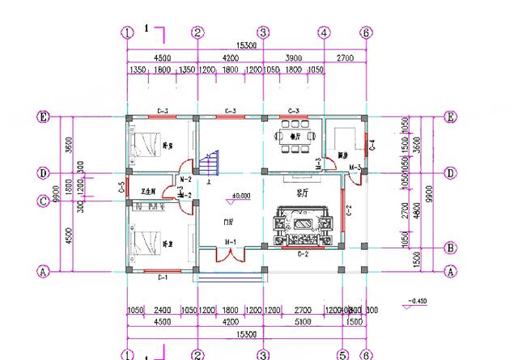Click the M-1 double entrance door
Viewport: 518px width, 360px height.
point(230,256)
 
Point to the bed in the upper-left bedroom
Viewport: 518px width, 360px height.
point(145,145)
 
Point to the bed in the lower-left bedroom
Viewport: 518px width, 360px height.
point(145,243)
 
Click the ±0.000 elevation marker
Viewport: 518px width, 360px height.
point(240,196)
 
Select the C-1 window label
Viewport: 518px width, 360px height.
point(161,277)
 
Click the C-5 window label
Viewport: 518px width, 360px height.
point(120,188)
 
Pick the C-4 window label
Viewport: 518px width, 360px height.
point(373,146)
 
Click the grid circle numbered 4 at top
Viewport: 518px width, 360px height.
point(323,33)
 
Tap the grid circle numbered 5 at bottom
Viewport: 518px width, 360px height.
point(342,355)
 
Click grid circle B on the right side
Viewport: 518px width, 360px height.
point(451,248)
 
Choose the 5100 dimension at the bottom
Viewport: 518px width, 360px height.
point(302,321)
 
